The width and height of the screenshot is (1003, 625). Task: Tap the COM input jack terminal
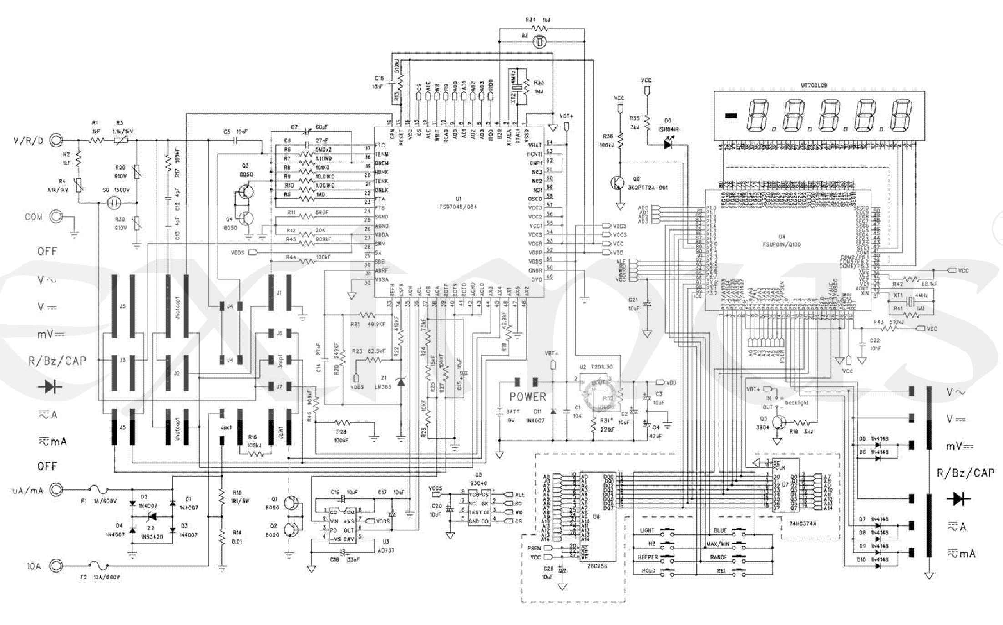tap(56, 217)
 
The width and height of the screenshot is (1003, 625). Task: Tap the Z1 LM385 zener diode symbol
tap(401, 381)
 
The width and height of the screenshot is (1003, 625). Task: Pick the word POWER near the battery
tap(527, 396)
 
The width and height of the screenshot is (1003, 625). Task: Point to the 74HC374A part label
tap(802, 523)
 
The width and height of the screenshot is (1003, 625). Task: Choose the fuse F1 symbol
tap(99, 490)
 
